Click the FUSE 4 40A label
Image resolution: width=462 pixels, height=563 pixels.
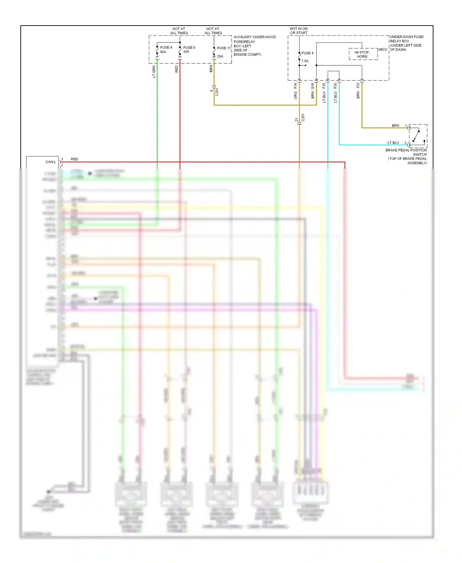166,50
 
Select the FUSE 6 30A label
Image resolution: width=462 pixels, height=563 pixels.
189,50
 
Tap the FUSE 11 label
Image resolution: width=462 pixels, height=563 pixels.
224,48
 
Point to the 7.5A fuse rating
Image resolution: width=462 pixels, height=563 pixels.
305,61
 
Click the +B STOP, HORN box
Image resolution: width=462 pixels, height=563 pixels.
363,54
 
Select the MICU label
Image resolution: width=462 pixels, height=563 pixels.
383,50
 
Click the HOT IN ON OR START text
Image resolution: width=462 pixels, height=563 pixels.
298,31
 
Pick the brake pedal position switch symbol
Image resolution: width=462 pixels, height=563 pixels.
418,136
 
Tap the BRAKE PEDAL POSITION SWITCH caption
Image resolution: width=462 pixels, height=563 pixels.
407,156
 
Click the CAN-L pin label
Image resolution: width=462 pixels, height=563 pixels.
51,162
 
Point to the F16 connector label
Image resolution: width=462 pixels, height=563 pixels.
295,86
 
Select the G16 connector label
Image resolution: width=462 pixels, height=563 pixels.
313,86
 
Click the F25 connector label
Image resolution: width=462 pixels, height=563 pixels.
324,86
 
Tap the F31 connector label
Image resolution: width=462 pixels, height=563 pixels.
358,86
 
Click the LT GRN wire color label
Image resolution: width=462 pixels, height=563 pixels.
154,72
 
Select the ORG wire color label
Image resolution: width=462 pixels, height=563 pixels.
295,95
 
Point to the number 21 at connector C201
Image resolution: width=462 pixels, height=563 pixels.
296,120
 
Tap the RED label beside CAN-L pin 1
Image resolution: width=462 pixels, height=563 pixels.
74,159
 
